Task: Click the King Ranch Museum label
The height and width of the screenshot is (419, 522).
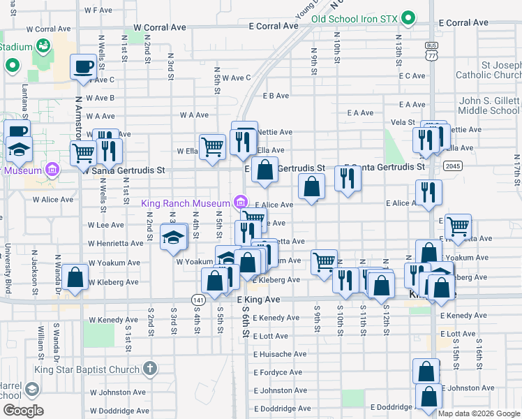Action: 187,204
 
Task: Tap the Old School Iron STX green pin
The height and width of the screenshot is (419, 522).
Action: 409,18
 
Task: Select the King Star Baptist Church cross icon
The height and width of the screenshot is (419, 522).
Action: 149,367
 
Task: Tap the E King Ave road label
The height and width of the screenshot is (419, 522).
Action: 258,299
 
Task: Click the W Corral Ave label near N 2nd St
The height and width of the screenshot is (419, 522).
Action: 160,27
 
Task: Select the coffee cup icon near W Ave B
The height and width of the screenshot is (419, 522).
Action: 84,67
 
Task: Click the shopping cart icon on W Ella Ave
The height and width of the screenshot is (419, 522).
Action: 212,147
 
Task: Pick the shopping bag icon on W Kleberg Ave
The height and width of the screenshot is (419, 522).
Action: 75,277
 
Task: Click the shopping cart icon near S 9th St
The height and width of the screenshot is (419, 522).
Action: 324,263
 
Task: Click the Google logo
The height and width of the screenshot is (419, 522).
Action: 22,411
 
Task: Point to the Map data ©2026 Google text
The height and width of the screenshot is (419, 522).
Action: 478,413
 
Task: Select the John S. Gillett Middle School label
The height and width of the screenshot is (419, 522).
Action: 489,105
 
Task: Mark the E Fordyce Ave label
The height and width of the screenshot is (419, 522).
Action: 278,372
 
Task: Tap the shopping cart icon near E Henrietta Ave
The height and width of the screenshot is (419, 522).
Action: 458,226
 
